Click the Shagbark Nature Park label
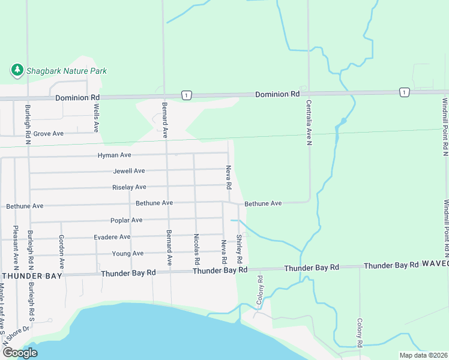66,71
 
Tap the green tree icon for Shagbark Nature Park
17,71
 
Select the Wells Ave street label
96,118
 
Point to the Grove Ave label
48,134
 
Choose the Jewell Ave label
129,171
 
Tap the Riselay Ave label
129,187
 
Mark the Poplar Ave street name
126,220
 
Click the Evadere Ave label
112,237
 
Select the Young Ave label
128,254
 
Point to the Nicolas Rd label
196,250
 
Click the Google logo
20,353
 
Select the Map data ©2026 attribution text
423,355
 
